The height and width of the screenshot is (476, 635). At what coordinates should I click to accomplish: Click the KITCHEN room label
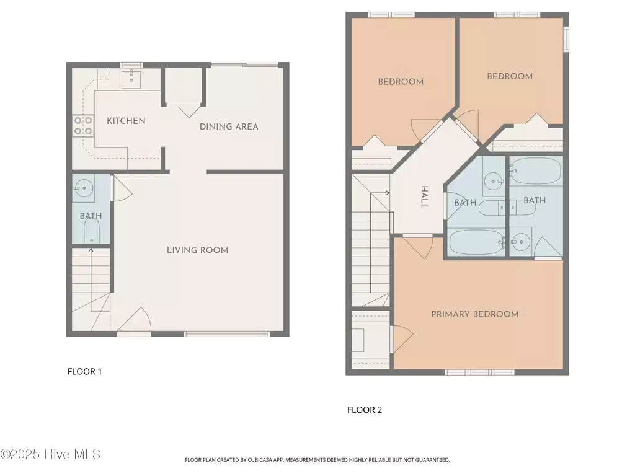pyautogui.click(x=126, y=121)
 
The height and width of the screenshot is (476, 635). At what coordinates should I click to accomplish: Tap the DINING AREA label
pyautogui.click(x=229, y=126)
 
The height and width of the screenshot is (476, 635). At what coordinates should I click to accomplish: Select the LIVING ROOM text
pyautogui.click(x=198, y=250)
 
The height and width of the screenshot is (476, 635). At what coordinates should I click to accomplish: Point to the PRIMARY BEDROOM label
pyautogui.click(x=474, y=314)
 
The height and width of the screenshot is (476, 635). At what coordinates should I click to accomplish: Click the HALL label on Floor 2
pyautogui.click(x=424, y=197)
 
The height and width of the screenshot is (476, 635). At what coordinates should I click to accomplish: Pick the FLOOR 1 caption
pyautogui.click(x=84, y=372)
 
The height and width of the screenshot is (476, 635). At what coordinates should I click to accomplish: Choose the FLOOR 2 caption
pyautogui.click(x=365, y=410)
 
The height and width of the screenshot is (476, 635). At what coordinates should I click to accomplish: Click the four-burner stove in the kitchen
pyautogui.click(x=83, y=125)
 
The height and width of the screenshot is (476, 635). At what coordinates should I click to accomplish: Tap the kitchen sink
pyautogui.click(x=131, y=79)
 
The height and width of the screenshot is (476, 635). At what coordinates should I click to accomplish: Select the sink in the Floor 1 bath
pyautogui.click(x=84, y=188)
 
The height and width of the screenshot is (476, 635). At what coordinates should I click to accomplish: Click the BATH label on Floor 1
pyautogui.click(x=91, y=216)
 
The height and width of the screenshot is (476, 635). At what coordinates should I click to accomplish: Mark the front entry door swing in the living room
pyautogui.click(x=135, y=320)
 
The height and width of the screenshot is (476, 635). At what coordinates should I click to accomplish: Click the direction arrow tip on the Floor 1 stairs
pyautogui.click(x=91, y=249)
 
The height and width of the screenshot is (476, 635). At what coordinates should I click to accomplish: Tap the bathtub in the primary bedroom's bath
pyautogui.click(x=536, y=171)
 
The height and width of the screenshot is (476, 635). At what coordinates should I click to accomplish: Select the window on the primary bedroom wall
pyautogui.click(x=479, y=372)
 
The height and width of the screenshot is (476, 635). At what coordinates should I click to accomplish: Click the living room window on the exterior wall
pyautogui.click(x=226, y=334)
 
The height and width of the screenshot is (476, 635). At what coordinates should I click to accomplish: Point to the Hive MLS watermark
pyautogui.click(x=50, y=454)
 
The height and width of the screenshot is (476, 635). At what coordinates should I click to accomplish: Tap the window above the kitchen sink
pyautogui.click(x=131, y=64)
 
